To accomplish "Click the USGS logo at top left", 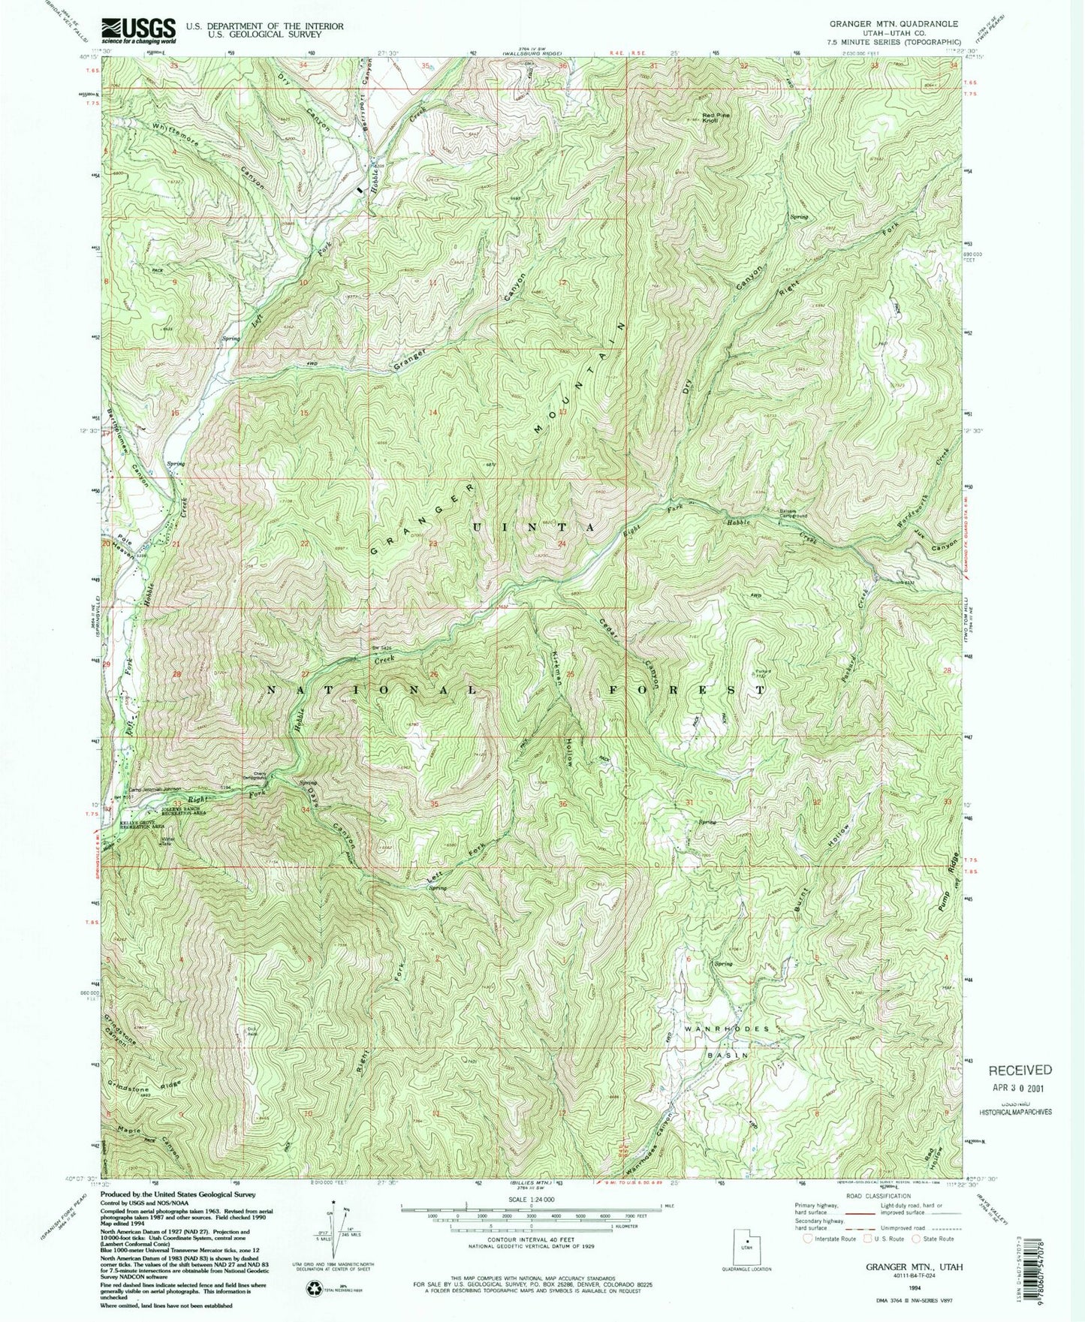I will (138, 31).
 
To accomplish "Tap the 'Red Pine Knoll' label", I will (716, 118).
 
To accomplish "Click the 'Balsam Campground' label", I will (793, 514).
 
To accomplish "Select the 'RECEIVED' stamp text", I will (1020, 1070).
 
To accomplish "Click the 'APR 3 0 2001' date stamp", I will (1019, 1087).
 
